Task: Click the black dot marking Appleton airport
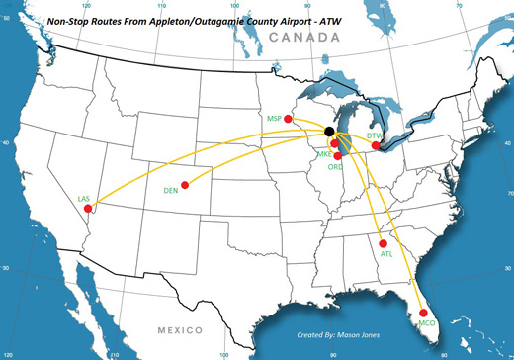click(x=329, y=132)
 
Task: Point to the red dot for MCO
click(x=424, y=314)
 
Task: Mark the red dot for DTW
click(x=376, y=146)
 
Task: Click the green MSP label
click(x=274, y=118)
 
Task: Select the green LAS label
click(x=83, y=200)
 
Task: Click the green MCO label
click(x=427, y=325)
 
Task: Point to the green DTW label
click(x=374, y=135)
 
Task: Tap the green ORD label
click(x=335, y=167)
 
